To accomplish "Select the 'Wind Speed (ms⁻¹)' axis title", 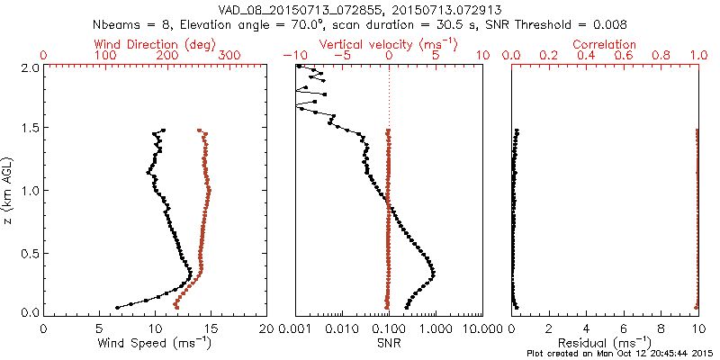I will [155, 342].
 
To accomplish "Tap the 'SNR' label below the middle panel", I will [389, 342].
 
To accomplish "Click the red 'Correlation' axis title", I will [605, 43].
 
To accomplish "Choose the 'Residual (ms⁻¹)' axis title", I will [605, 342].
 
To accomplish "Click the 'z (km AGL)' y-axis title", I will [9, 190].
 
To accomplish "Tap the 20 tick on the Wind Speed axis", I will [266, 328].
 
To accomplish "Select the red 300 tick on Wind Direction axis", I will [229, 55].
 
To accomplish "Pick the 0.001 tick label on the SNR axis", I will [295, 328].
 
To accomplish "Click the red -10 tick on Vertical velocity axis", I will [293, 55].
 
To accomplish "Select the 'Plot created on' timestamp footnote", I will [621, 354].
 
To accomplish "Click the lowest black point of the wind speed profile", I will [117, 307].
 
